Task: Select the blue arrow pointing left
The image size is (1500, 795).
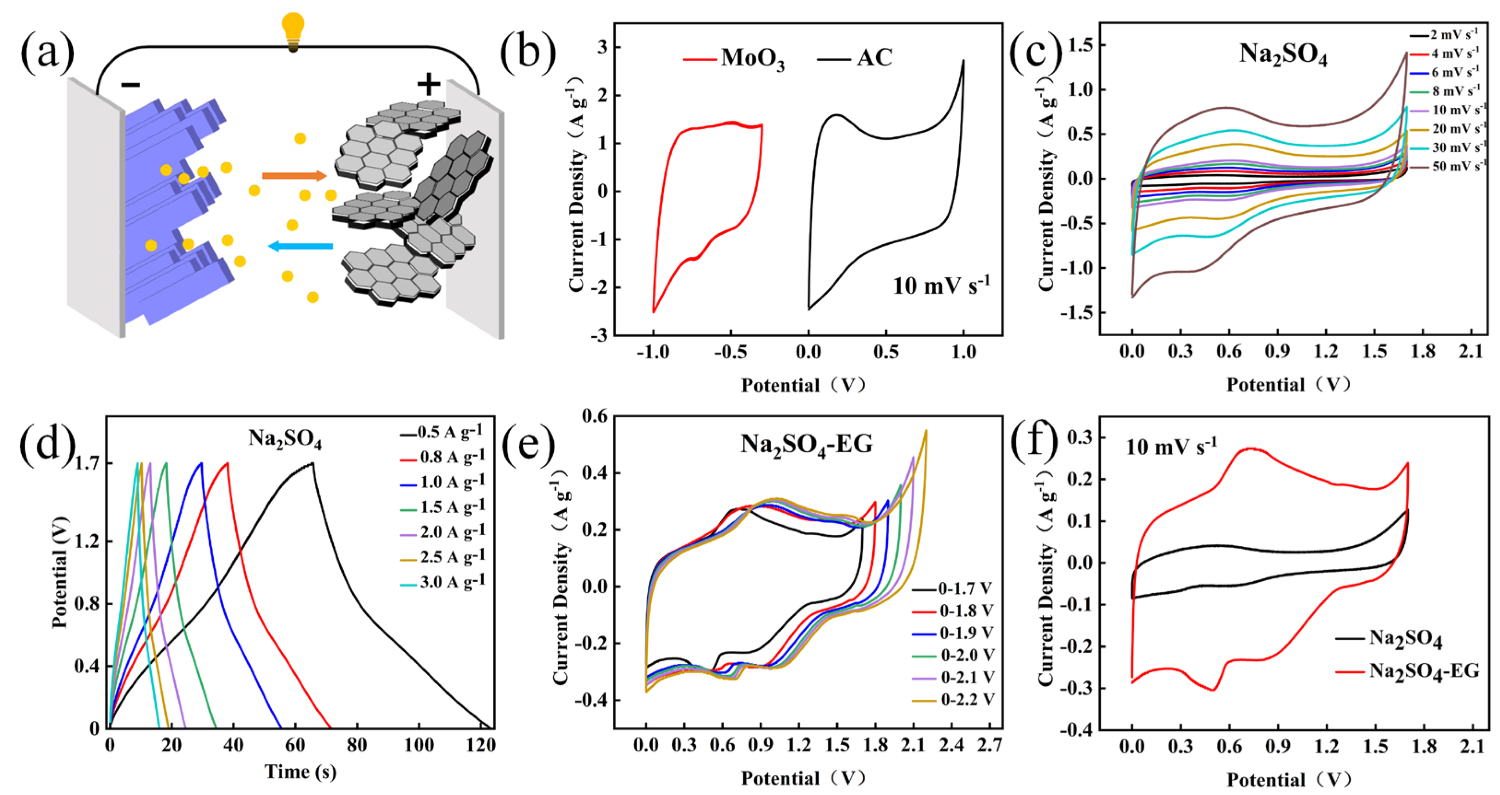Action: pos(301,246)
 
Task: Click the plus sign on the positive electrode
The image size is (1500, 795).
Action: pos(429,84)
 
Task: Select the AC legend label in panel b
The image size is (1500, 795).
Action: pos(874,58)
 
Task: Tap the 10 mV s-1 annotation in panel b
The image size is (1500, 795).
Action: pos(940,285)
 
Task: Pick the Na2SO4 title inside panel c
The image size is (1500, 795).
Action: pos(1282,55)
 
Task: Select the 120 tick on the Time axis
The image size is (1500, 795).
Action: pos(480,746)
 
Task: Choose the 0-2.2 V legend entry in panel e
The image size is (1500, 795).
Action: pos(967,700)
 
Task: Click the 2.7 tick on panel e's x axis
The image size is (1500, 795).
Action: pos(989,746)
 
